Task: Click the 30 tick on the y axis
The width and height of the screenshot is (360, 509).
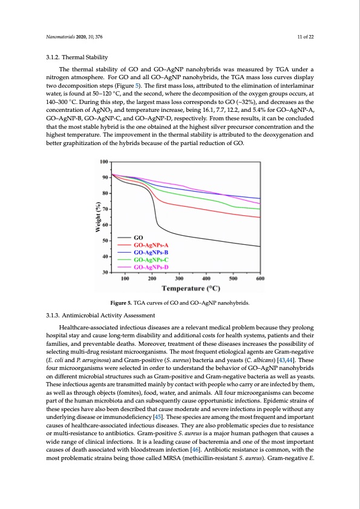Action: (x=105, y=273)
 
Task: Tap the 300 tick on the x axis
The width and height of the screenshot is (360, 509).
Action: (x=179, y=279)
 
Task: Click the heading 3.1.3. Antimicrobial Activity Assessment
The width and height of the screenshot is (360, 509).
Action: (x=103, y=315)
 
